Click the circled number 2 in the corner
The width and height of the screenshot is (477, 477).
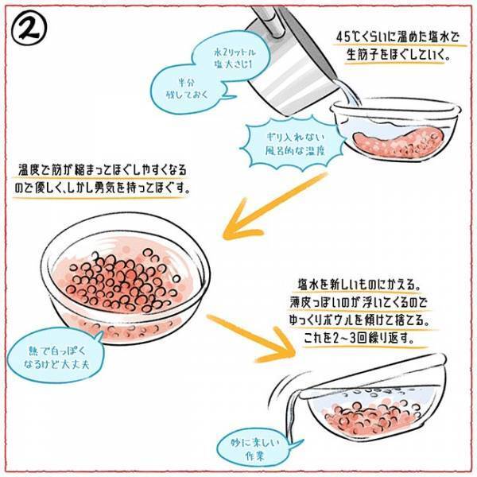[x=31, y=29]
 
